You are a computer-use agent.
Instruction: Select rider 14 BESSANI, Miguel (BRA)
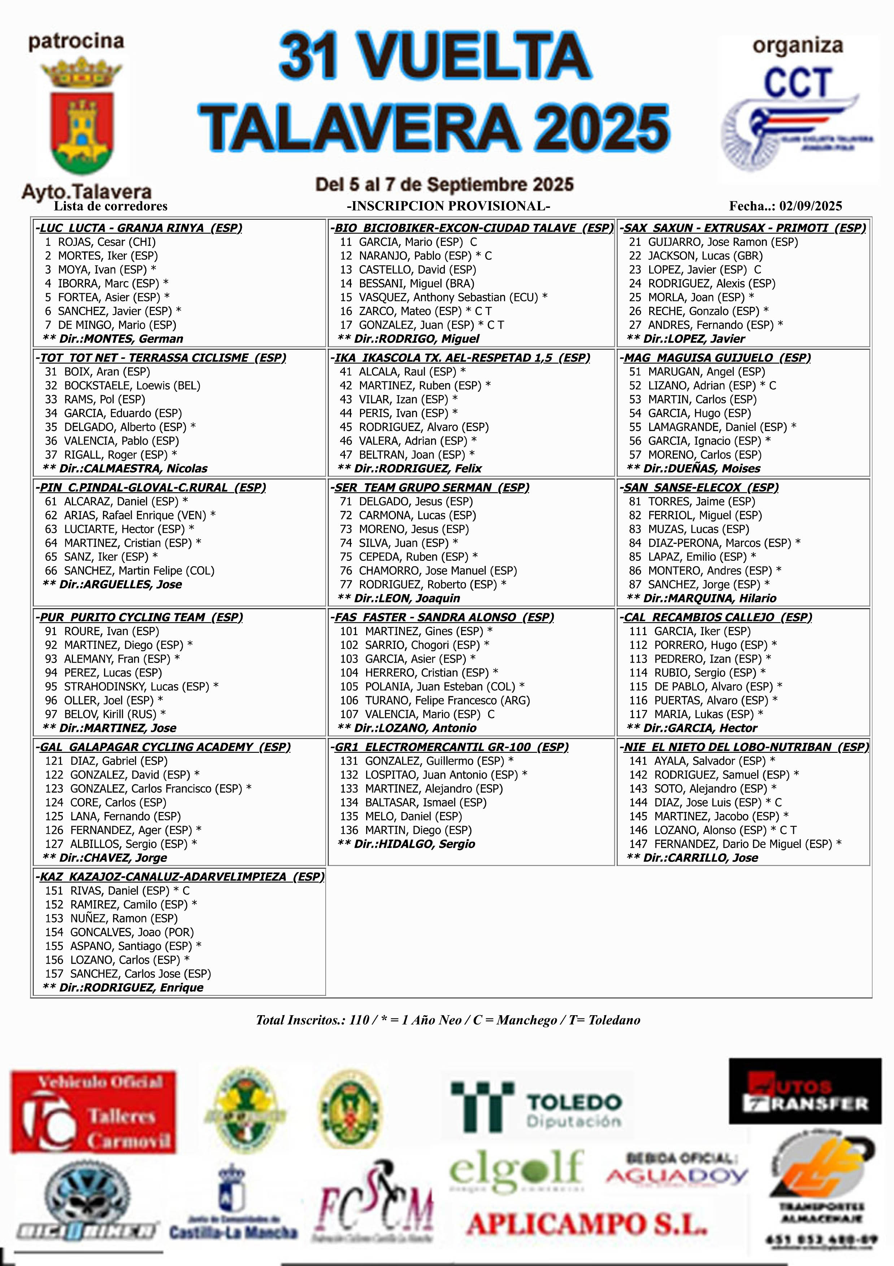tap(407, 283)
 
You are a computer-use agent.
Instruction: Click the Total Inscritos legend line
tap(448, 1020)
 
